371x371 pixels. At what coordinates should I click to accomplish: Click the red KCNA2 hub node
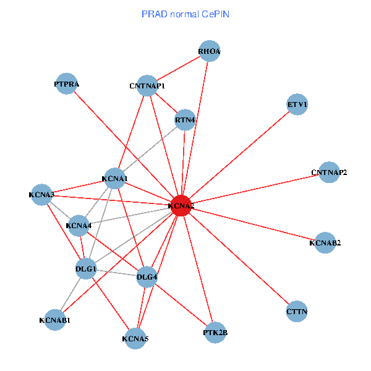(181, 207)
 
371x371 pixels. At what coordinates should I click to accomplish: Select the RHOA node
(210, 51)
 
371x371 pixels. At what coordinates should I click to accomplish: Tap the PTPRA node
(66, 84)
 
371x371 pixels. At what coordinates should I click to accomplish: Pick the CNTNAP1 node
(147, 86)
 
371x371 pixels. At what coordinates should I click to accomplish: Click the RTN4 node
(185, 119)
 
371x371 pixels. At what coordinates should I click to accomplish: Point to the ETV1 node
(297, 104)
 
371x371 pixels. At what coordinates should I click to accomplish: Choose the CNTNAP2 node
(329, 172)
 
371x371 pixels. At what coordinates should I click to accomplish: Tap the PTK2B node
(215, 333)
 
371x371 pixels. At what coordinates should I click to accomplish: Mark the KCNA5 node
(135, 338)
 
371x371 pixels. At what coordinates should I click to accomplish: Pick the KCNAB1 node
(54, 320)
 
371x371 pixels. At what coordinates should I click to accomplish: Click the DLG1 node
(86, 269)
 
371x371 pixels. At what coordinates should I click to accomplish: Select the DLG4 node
(147, 276)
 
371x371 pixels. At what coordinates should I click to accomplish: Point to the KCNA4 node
(79, 226)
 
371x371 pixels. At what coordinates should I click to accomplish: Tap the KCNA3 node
(41, 195)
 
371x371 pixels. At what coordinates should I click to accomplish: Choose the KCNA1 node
(114, 179)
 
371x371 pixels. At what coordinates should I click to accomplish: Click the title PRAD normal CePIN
(185, 14)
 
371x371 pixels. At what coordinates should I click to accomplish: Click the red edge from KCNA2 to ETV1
(239, 156)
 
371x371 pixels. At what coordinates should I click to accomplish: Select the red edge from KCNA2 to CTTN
(239, 258)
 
